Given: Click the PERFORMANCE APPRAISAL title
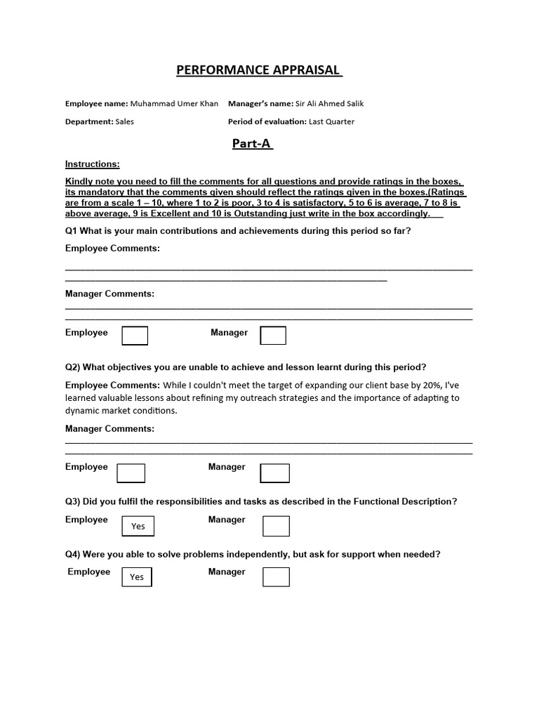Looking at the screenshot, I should click(x=258, y=70).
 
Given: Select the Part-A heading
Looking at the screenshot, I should click(x=252, y=144).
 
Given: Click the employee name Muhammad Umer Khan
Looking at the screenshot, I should click(x=174, y=103).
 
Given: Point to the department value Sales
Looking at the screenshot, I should click(x=125, y=121).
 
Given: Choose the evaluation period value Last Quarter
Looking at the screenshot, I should click(x=331, y=121).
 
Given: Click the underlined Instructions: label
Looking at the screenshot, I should click(x=92, y=164).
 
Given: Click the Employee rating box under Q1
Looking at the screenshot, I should click(x=135, y=336).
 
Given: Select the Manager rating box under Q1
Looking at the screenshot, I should click(x=273, y=336).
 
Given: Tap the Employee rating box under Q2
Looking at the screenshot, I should click(x=131, y=473).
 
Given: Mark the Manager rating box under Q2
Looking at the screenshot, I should click(x=274, y=473).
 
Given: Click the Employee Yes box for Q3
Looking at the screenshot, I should click(x=138, y=526).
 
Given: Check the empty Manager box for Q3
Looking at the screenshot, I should click(x=276, y=526).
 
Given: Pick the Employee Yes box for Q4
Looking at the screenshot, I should click(x=137, y=576).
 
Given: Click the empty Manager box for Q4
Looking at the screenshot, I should click(x=276, y=576).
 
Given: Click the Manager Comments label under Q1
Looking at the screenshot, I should click(x=109, y=293).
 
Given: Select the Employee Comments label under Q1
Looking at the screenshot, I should click(x=112, y=249).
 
